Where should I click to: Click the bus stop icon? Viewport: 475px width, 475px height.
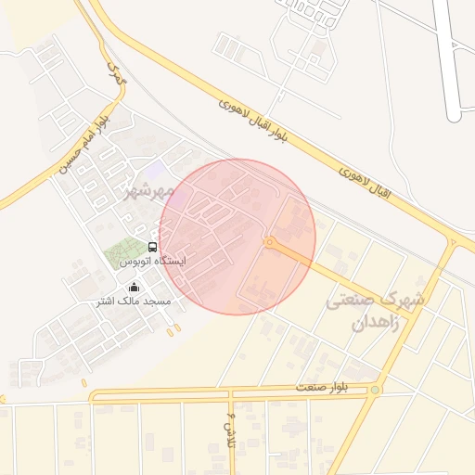(152, 247)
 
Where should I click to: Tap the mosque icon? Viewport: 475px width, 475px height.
(135, 287)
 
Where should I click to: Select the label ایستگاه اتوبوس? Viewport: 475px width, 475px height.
(153, 263)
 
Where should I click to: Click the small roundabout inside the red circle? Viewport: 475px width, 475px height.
(269, 243)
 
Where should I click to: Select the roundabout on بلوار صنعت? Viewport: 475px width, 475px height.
(374, 391)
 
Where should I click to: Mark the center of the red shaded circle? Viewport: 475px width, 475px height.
(237, 237)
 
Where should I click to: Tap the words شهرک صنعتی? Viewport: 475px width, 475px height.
(377, 301)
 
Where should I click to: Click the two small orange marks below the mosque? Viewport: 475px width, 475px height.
(173, 328)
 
